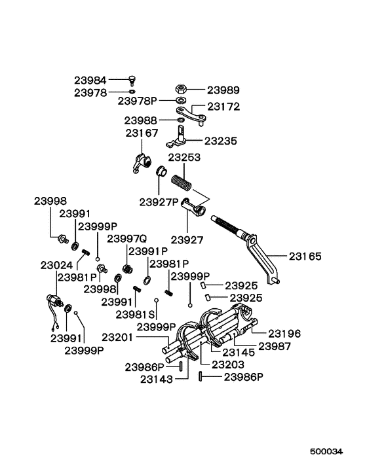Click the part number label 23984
click(x=90, y=80)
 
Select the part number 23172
click(x=224, y=106)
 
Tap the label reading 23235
click(x=221, y=141)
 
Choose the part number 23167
click(x=142, y=133)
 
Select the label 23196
click(x=284, y=333)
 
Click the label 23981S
click(x=135, y=314)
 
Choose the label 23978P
click(x=138, y=101)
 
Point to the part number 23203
click(x=228, y=363)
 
